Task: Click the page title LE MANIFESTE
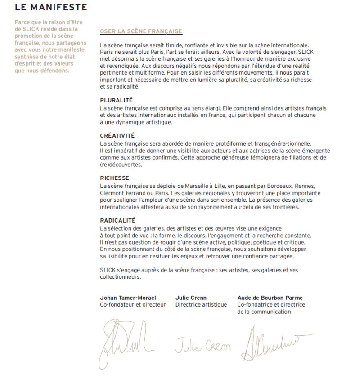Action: (x=51, y=8)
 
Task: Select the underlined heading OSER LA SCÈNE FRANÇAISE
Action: (x=141, y=31)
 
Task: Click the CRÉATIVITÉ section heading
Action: (x=117, y=135)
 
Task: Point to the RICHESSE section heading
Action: (x=114, y=178)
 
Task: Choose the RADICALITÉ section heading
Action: (x=117, y=221)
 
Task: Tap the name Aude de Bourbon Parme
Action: (x=270, y=298)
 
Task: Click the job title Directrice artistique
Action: (x=201, y=304)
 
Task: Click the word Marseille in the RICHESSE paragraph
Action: (x=193, y=186)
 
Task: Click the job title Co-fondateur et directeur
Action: (x=133, y=304)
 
